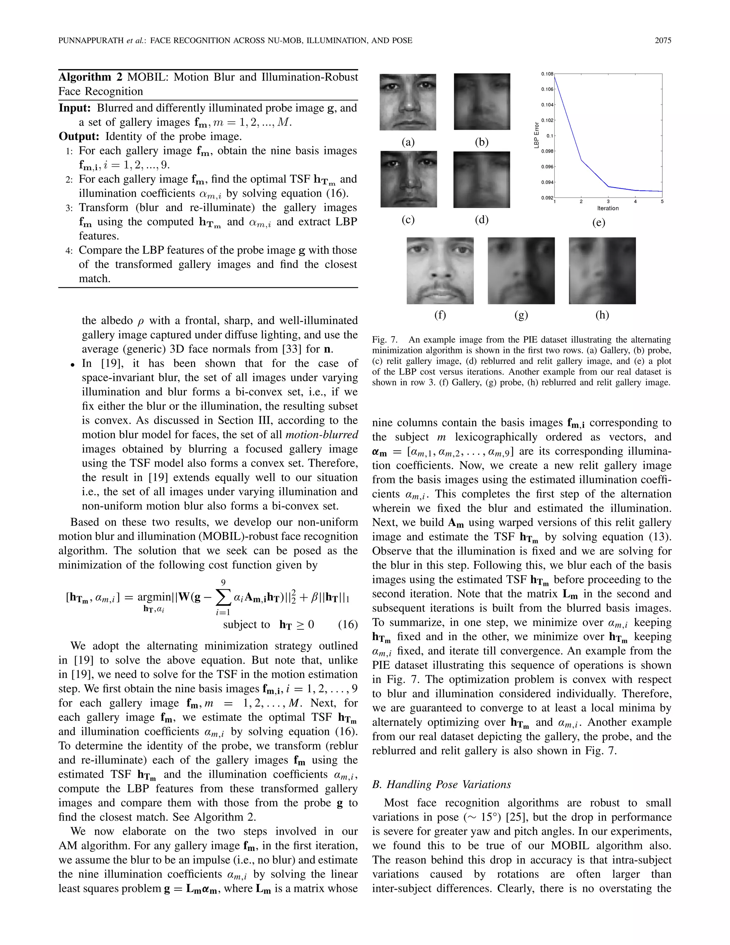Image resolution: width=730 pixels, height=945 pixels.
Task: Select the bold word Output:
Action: [x=79, y=136]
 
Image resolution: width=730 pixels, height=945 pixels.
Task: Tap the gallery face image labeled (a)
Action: [x=408, y=102]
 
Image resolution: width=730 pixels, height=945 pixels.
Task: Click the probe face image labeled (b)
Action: [x=482, y=102]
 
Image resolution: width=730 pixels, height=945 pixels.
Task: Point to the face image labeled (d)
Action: [x=482, y=179]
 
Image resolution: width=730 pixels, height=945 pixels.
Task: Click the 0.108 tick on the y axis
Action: [x=547, y=74]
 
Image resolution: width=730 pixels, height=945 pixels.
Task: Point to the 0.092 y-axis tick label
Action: [x=547, y=198]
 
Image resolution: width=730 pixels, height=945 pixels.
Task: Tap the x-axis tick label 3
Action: [x=608, y=201]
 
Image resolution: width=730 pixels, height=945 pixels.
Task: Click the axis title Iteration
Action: [x=608, y=208]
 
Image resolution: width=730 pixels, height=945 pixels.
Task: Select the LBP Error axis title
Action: [x=537, y=136]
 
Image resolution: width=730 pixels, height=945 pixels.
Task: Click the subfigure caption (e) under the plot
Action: [x=598, y=223]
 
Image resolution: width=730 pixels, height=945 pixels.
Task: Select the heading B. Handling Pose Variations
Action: [x=441, y=785]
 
